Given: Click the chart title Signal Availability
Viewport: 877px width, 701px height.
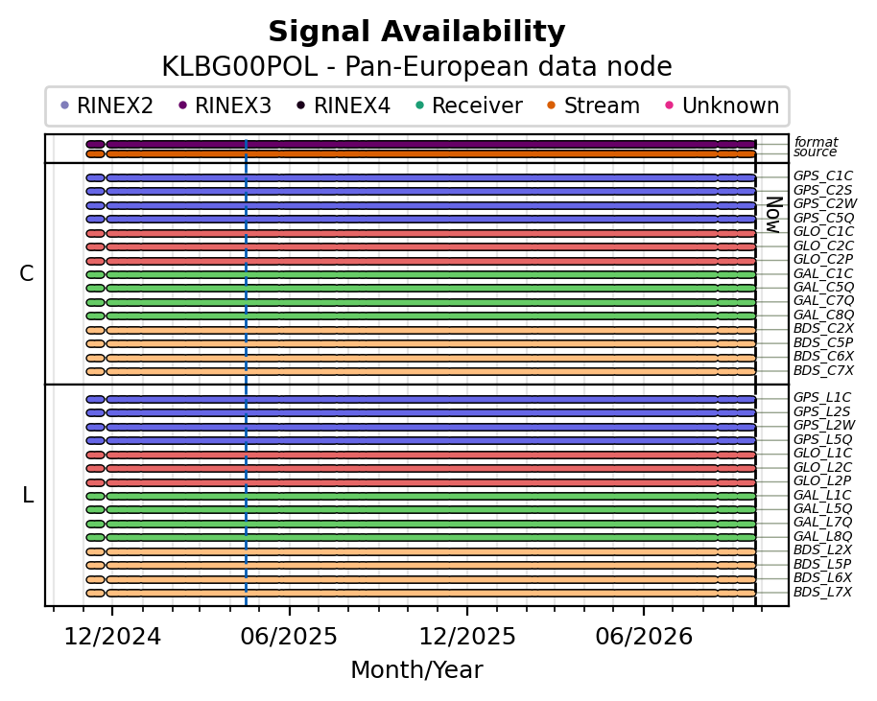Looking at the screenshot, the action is (x=416, y=32).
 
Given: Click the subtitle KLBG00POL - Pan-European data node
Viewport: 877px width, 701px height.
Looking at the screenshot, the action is (x=416, y=66).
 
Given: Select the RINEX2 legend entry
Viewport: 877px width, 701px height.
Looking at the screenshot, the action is (x=107, y=105).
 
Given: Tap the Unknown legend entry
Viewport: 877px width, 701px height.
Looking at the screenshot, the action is (x=723, y=105).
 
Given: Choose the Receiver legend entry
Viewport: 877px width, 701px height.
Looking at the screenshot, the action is (x=470, y=105).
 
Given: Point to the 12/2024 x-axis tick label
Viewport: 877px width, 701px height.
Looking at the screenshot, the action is (x=112, y=637).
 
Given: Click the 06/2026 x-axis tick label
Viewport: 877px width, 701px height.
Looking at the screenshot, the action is (x=644, y=637).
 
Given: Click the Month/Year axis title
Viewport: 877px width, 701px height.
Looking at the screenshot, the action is (x=416, y=669).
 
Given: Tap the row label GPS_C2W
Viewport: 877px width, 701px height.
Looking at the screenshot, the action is (x=825, y=204).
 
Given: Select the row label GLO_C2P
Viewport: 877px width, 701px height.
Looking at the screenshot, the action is (x=823, y=259).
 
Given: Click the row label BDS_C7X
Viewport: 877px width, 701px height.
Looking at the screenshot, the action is (x=823, y=370).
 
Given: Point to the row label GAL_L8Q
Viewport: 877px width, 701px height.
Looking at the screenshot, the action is (x=822, y=537).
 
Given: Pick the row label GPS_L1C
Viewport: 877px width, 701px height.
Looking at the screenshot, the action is (x=822, y=397).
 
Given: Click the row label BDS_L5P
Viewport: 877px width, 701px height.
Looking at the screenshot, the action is (x=822, y=564).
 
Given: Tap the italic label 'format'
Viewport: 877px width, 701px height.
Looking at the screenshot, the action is (x=816, y=142).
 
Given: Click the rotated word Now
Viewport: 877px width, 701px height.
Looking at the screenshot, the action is (x=773, y=215).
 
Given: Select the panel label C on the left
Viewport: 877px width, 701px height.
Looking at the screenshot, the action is (x=26, y=274).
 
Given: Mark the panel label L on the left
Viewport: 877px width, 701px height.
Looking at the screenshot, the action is (x=28, y=495).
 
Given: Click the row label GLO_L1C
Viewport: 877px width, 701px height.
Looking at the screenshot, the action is (x=822, y=454).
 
